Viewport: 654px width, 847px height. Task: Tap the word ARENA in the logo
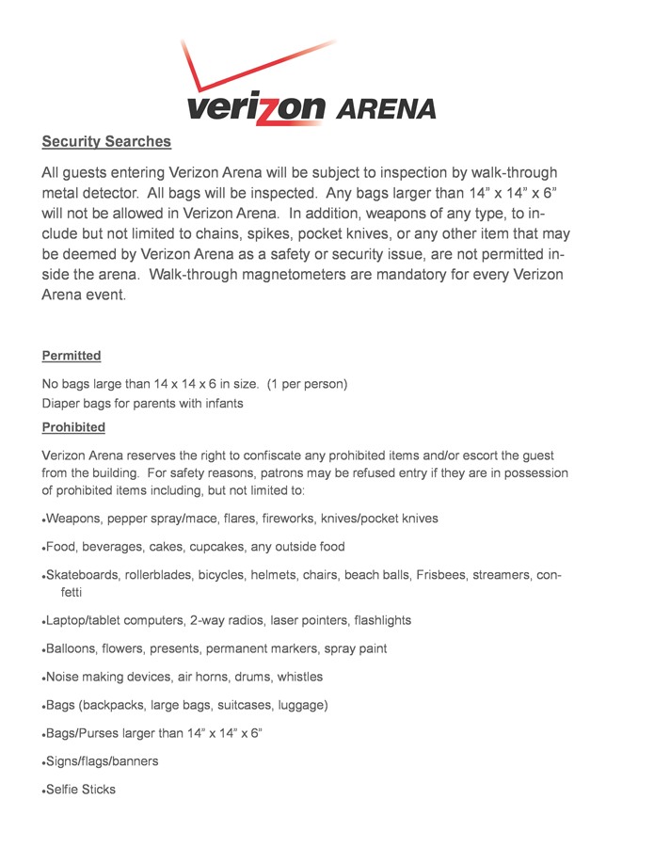386,109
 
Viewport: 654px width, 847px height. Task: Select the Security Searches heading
106,142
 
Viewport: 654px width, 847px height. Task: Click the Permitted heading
72,356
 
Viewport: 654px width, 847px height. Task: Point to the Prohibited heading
73,427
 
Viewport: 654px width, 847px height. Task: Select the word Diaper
61,404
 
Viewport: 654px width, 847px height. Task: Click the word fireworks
283,519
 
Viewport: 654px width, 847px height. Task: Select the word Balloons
72,649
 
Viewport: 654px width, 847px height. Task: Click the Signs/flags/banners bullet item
102,761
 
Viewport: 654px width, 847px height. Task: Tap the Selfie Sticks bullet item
81,790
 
